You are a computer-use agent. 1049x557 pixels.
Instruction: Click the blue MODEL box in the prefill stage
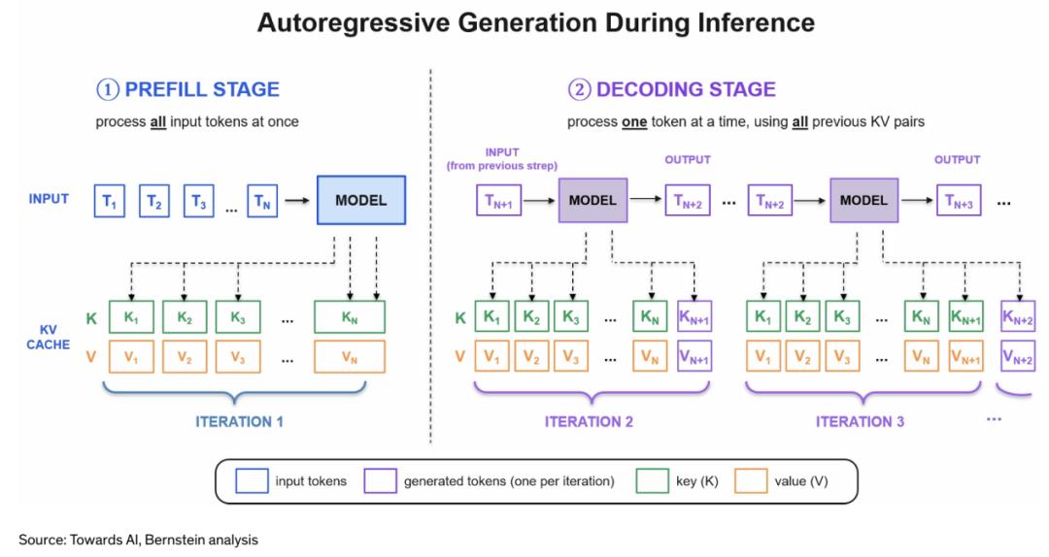coord(360,200)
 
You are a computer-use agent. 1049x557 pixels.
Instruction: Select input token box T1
coord(109,201)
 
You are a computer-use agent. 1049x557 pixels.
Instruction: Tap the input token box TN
coord(261,201)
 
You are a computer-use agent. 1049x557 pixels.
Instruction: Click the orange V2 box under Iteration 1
coord(184,356)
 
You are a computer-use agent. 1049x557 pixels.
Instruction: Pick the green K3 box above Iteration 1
coord(238,317)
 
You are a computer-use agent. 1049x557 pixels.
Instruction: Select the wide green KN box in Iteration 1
coord(350,317)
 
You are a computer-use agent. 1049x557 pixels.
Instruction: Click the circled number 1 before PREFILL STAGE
coord(108,89)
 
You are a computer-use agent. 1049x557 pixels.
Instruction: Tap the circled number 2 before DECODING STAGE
coord(579,89)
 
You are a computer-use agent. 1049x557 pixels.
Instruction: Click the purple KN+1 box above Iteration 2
coord(694,317)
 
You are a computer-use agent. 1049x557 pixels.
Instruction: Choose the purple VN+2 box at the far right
coord(1018,356)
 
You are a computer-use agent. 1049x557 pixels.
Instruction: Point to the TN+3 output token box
coord(959,201)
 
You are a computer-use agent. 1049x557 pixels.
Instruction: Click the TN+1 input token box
coord(498,201)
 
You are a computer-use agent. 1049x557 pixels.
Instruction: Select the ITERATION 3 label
coord(860,421)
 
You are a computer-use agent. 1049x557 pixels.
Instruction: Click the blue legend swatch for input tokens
coord(252,480)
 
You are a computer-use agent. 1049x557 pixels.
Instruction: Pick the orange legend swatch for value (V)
coord(751,480)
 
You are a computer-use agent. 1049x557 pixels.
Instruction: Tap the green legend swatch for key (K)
coord(653,480)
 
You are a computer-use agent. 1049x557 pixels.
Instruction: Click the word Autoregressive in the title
coord(353,22)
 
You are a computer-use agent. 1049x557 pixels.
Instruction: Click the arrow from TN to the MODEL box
coord(297,201)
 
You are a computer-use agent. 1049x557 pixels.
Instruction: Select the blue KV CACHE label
coord(49,337)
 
